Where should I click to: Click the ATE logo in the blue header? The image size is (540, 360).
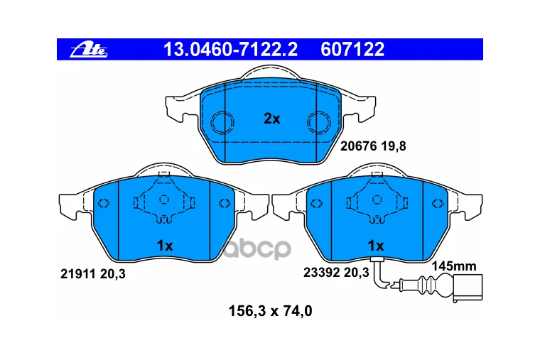pyautogui.click(x=89, y=50)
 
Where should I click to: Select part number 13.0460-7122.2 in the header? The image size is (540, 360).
pyautogui.click(x=230, y=49)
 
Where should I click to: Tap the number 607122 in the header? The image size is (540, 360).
pyautogui.click(x=352, y=49)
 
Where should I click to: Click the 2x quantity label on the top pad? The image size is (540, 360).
pyautogui.click(x=271, y=119)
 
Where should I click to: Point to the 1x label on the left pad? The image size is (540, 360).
pyautogui.click(x=165, y=246)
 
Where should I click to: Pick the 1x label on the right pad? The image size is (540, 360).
pyautogui.click(x=376, y=246)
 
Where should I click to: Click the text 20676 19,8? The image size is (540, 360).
pyautogui.click(x=373, y=146)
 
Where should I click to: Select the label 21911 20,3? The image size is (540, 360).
pyautogui.click(x=93, y=274)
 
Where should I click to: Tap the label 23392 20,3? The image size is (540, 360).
pyautogui.click(x=336, y=273)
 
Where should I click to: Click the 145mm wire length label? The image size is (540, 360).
pyautogui.click(x=454, y=266)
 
